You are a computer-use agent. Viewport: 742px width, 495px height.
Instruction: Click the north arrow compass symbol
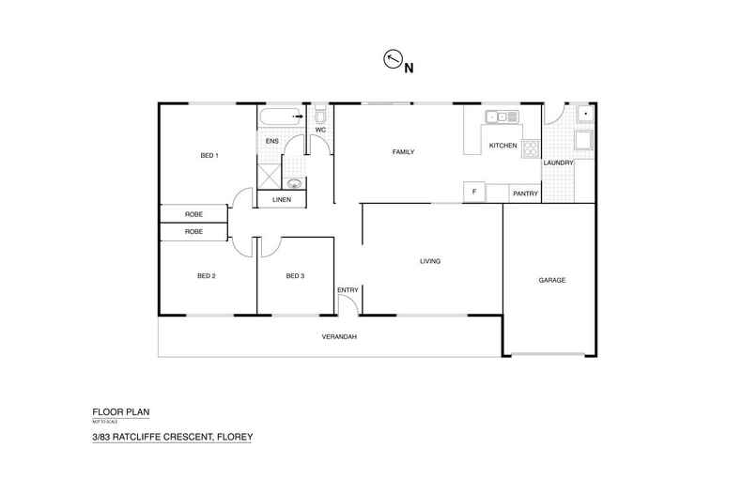(393, 61)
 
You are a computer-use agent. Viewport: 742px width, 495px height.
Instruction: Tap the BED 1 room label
(209, 155)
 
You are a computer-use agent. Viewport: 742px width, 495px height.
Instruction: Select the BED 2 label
(207, 276)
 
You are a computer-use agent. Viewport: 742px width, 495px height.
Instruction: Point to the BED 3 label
(296, 276)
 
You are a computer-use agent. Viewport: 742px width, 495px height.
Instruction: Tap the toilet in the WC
(319, 117)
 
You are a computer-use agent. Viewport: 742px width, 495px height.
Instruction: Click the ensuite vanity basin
(295, 184)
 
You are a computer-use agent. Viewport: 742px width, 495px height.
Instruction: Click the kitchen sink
(501, 116)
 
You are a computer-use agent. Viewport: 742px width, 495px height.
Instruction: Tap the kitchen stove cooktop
(531, 147)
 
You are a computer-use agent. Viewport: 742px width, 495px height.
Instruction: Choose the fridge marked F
(474, 193)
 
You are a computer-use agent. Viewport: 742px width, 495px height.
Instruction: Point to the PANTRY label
(524, 193)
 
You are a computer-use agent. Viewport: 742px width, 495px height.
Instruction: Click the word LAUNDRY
(559, 162)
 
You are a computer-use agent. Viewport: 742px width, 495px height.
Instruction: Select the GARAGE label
(551, 280)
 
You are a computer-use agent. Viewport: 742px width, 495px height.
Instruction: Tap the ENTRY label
(348, 289)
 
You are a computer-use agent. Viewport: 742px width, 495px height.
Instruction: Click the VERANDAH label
(338, 336)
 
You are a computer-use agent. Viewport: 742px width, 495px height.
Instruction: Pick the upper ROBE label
(193, 214)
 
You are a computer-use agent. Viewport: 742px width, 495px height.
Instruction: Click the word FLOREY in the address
(232, 438)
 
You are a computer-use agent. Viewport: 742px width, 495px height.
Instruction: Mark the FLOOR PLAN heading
(120, 411)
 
